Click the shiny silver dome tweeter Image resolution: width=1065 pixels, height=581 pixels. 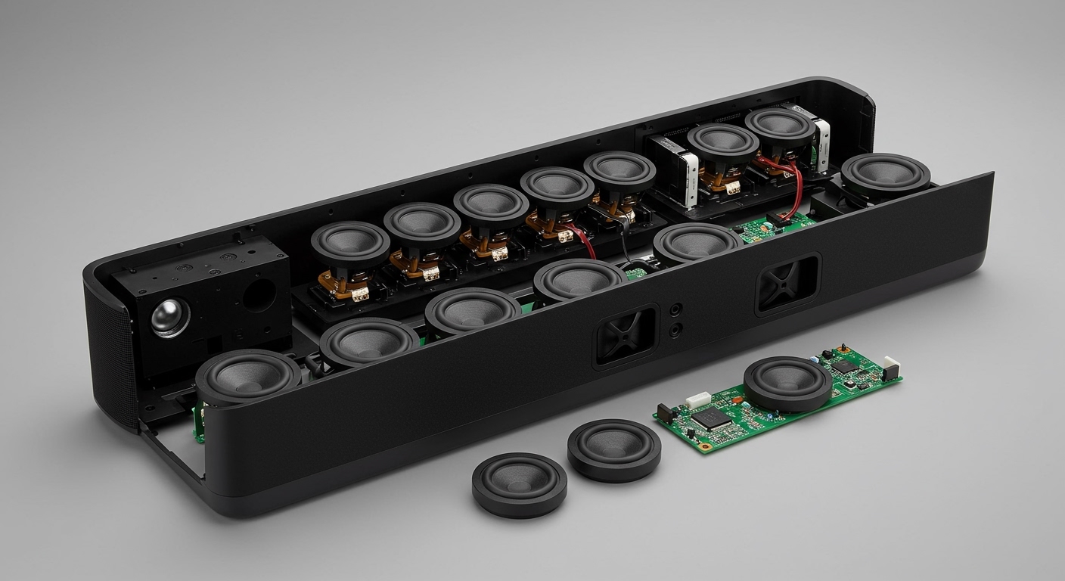point(170,317)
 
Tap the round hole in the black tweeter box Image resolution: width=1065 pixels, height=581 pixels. point(258,296)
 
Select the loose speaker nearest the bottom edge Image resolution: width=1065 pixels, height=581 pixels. point(519,485)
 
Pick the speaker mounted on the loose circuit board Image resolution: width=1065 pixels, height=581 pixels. point(787,383)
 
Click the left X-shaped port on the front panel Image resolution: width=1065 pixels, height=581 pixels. point(626,335)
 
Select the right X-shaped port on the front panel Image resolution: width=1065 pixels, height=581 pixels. point(787,284)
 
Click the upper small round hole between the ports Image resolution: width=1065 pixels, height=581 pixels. point(675,309)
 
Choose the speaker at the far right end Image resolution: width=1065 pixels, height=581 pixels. point(885,173)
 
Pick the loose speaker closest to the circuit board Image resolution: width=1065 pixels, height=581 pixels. point(613,449)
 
